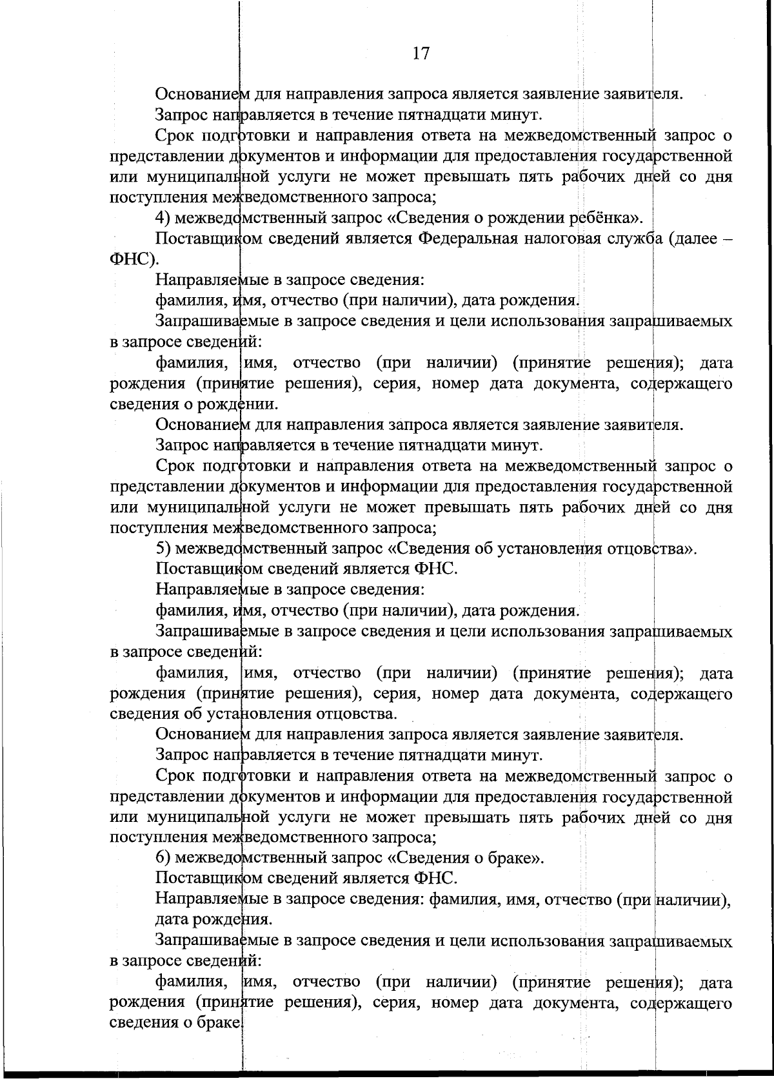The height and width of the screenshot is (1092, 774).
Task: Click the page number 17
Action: [x=420, y=53]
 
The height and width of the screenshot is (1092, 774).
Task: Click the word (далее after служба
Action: [x=690, y=239]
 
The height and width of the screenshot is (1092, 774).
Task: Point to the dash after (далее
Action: [x=726, y=239]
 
